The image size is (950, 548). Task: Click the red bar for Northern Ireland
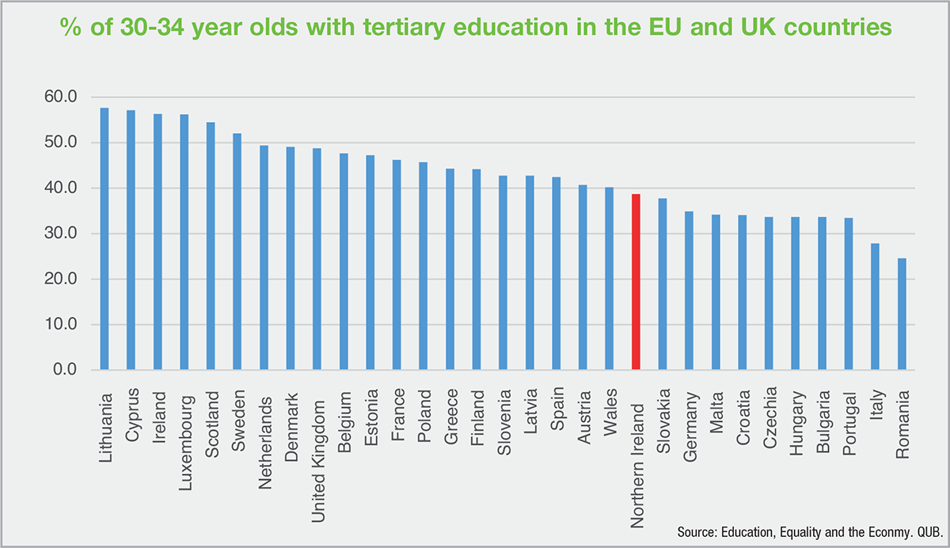click(636, 282)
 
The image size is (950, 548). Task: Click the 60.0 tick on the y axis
click(61, 97)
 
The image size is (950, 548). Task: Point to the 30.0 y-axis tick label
click(61, 234)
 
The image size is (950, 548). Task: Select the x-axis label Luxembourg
click(184, 424)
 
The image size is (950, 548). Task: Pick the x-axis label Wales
click(610, 405)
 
